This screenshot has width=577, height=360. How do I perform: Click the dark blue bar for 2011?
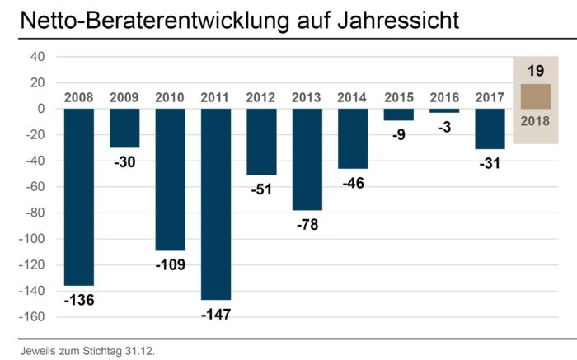pyautogui.click(x=216, y=203)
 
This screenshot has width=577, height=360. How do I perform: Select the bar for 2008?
pyautogui.click(x=78, y=197)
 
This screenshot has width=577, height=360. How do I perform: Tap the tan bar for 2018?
pyautogui.click(x=536, y=96)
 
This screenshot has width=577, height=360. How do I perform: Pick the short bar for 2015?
pyautogui.click(x=399, y=115)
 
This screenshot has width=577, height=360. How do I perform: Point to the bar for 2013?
pyautogui.click(x=307, y=159)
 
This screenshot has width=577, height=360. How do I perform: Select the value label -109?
pyautogui.click(x=170, y=264)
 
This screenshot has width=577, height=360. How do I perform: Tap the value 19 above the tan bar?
pyautogui.click(x=536, y=71)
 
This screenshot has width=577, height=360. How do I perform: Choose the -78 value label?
pyautogui.click(x=307, y=223)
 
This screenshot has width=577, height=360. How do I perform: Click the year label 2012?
pyautogui.click(x=261, y=97)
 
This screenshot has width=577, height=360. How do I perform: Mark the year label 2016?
pyautogui.click(x=444, y=97)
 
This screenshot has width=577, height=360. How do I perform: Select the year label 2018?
pyautogui.click(x=536, y=122)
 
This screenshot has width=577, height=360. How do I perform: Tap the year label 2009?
pyautogui.click(x=124, y=97)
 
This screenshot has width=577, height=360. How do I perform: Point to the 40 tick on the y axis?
pyautogui.click(x=36, y=57)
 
